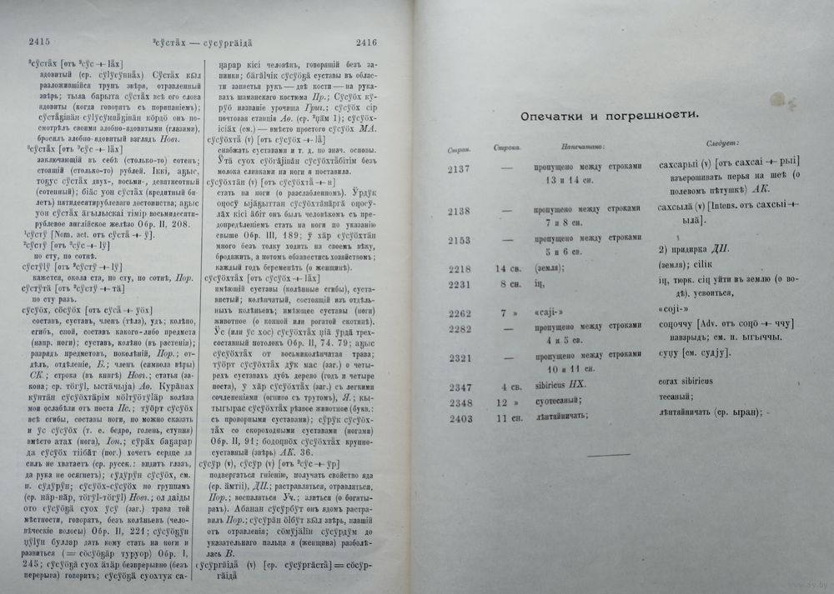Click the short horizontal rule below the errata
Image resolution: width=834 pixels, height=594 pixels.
pos(609,455)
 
